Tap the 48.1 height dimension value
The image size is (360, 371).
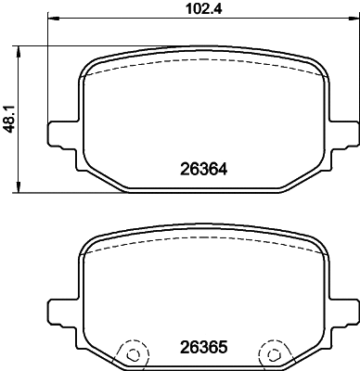point(9,119)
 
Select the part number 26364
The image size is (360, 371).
point(202,170)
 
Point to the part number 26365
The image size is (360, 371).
point(202,354)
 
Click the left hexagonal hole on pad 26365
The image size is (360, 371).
point(132,353)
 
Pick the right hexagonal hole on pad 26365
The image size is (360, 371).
point(273,353)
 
